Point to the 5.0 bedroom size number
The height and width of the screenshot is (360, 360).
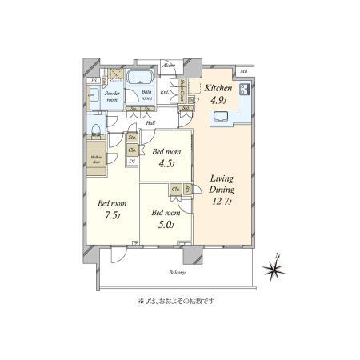coord(166,225)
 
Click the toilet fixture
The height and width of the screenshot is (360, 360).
coord(94,128)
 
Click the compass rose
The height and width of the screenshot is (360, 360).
coord(277,270)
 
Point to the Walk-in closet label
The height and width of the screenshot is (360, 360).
coord(95,158)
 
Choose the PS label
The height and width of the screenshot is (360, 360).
coord(94,81)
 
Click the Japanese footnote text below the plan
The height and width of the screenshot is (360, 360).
coord(177,302)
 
